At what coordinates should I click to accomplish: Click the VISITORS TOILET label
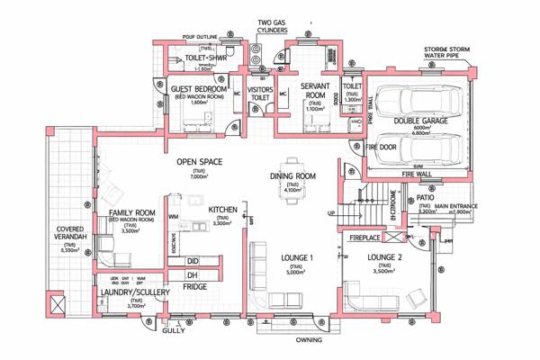(x=259, y=94)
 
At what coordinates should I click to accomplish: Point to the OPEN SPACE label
(x=199, y=162)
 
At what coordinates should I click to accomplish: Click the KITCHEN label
(x=223, y=210)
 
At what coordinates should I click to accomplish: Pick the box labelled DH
(x=192, y=274)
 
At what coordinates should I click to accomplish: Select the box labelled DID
(x=192, y=260)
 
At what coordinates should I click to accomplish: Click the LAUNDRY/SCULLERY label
(x=135, y=293)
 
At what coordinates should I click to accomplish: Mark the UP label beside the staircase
(x=330, y=213)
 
